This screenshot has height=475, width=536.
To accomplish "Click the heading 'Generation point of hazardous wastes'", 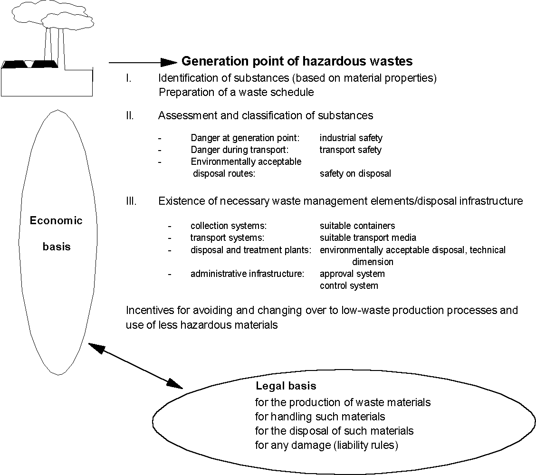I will click(x=297, y=61).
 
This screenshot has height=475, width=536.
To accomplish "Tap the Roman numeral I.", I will click(x=128, y=78).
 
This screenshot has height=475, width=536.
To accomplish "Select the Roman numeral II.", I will click(x=130, y=115).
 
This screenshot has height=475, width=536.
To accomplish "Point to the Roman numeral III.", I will click(x=131, y=201).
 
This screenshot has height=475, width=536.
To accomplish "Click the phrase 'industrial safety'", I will click(x=351, y=138).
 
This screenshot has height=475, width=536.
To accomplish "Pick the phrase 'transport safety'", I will click(x=350, y=150).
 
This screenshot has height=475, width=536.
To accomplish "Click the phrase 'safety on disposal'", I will click(x=355, y=174).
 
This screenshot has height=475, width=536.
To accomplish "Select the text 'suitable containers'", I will click(x=357, y=226).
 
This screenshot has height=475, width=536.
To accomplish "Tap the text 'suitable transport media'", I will click(x=368, y=237).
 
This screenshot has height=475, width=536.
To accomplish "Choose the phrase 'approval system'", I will click(x=352, y=274).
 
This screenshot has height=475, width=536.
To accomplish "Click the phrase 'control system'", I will click(x=349, y=286).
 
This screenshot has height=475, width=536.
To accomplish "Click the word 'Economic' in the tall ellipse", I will click(x=56, y=221).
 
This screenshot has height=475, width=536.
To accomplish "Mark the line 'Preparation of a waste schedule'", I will click(x=236, y=92).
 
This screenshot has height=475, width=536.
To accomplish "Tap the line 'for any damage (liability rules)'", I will click(x=326, y=446).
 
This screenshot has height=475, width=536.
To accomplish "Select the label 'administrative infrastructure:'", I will click(x=247, y=274).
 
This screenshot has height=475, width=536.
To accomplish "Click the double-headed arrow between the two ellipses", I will click(x=135, y=365).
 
